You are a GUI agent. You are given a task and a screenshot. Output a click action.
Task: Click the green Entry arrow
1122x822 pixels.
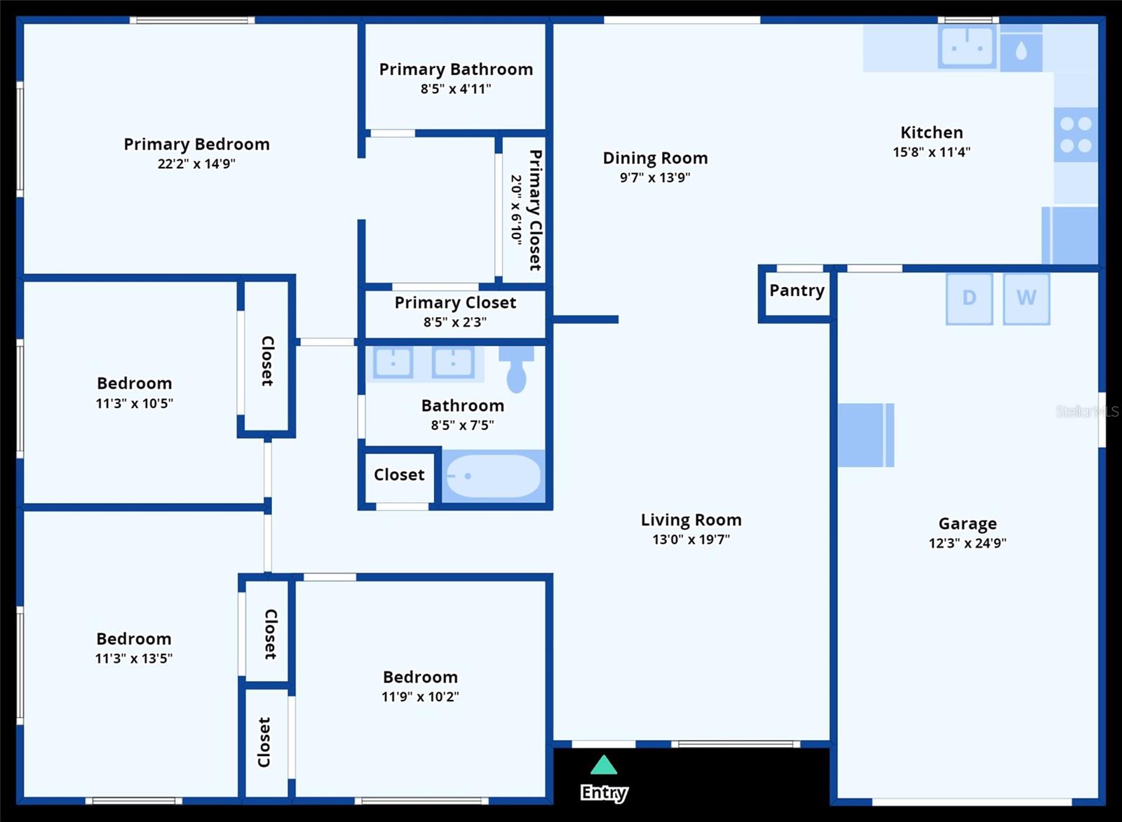point(604,765)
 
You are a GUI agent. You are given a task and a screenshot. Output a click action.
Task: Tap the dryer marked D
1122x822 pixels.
point(969,299)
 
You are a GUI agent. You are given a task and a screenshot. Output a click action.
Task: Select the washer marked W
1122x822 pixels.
point(1027,299)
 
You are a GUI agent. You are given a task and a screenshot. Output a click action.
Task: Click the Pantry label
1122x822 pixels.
point(797,291)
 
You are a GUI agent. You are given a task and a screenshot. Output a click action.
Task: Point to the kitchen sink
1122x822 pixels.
point(967,47)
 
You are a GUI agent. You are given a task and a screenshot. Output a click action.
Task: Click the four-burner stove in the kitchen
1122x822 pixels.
point(1076,135)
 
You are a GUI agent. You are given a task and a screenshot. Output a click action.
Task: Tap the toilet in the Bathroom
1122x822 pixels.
point(516,369)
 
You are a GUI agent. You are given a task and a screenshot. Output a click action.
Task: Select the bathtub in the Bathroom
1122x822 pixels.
point(494,476)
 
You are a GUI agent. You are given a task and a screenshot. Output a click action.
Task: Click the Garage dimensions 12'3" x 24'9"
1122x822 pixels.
point(967,543)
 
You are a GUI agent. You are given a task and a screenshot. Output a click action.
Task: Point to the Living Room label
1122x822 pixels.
point(691,520)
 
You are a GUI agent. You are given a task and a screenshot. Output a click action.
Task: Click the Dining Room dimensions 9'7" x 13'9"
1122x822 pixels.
point(655,177)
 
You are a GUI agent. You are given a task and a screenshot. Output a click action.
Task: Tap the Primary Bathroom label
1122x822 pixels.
point(456,69)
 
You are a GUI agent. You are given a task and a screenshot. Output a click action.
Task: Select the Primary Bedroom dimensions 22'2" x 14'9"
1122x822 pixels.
point(196,164)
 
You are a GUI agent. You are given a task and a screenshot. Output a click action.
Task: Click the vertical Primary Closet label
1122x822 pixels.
point(536,210)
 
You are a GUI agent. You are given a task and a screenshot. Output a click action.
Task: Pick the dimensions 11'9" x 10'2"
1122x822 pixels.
point(420,696)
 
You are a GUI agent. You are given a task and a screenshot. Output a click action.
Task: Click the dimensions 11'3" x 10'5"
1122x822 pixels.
point(134,403)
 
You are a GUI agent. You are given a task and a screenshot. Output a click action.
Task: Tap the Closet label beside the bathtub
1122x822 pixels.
point(399,475)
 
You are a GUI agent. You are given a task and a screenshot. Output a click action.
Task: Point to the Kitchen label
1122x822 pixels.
point(932,133)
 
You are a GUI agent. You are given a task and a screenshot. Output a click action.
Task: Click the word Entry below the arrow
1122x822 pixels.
point(604,793)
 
